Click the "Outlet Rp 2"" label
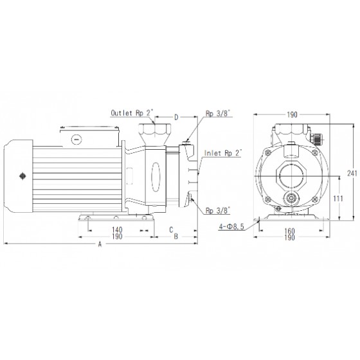pos(132,113)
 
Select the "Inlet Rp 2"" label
pos(223,153)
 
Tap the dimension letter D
pos(176,117)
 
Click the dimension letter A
pos(100,244)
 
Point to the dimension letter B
pos(176,237)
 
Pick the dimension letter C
pos(171,230)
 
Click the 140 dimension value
pos(117,230)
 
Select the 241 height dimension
pos(352,174)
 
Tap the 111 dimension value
pos(338,199)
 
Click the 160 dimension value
pos(289,231)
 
